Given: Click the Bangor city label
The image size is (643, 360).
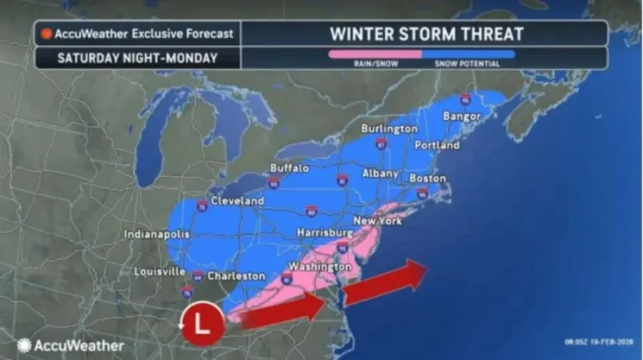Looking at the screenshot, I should (x=461, y=117).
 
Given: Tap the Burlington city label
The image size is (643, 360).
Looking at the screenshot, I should (x=389, y=129).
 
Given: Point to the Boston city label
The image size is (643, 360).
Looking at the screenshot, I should (x=428, y=178).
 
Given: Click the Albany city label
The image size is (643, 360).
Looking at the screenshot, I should (x=380, y=173).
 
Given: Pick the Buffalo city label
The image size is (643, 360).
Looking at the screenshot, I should (x=289, y=168).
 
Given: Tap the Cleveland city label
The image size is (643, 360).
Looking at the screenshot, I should (x=237, y=201).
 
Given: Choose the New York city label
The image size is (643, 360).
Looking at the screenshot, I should (x=378, y=221).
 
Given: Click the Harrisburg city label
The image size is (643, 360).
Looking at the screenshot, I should (x=321, y=233).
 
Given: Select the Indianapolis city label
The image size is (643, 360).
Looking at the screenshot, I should (x=157, y=234).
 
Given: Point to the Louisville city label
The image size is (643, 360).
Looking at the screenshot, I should (x=159, y=271).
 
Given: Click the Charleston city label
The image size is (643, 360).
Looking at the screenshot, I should (x=236, y=276).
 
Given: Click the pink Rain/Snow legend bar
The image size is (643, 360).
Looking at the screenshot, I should (x=375, y=54).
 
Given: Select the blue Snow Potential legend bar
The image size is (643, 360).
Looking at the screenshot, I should (x=468, y=54).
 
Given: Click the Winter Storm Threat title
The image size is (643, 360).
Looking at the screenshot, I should (x=426, y=33).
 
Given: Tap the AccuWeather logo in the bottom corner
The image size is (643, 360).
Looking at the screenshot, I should (x=70, y=345).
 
